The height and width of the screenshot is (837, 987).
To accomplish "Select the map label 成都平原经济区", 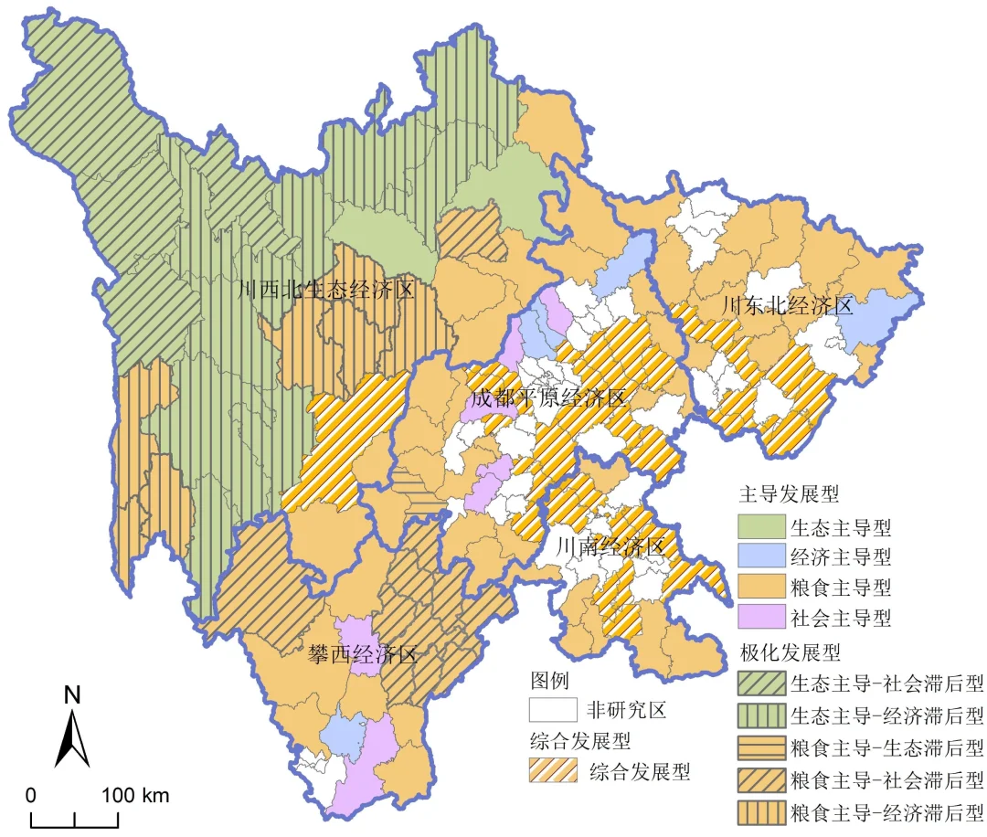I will [x=549, y=398].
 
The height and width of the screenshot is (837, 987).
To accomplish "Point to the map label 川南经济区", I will [x=610, y=548].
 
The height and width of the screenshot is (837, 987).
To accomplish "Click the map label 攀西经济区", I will [x=363, y=655].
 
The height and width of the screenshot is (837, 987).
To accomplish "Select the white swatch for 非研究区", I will [x=553, y=710].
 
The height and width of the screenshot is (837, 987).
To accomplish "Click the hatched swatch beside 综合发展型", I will [x=553, y=770].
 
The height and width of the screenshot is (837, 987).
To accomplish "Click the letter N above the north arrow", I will [x=72, y=695].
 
